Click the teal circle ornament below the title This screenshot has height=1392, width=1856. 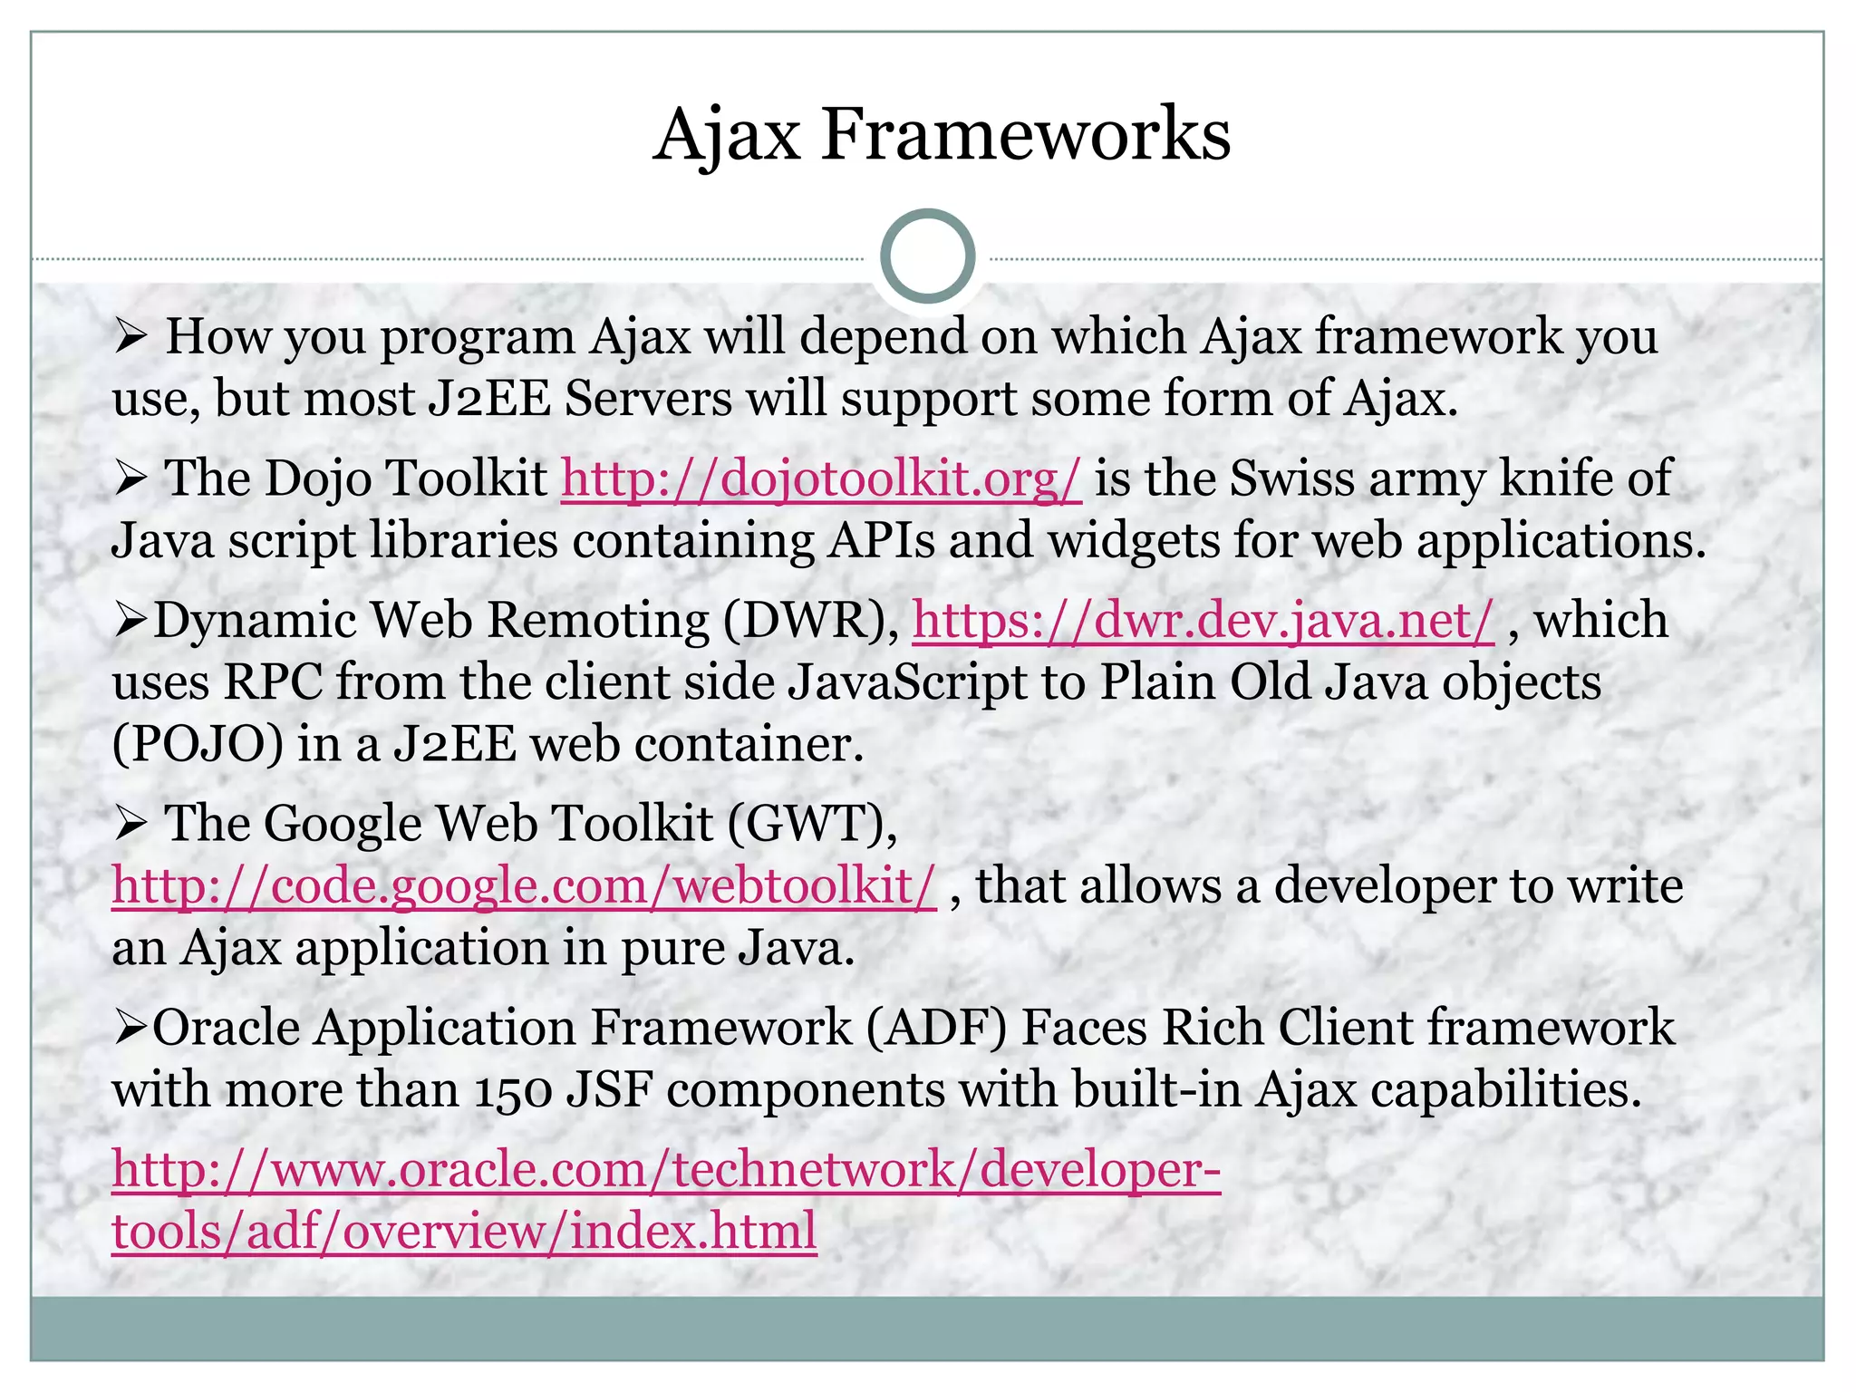tap(927, 256)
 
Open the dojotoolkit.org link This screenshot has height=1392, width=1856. tap(821, 478)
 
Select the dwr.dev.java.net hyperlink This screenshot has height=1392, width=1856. tap(1203, 621)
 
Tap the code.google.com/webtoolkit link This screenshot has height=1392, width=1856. tap(524, 885)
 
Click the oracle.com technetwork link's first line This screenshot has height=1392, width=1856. tap(666, 1169)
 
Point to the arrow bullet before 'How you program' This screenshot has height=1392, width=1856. tap(131, 338)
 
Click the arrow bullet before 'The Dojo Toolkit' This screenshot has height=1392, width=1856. tap(131, 479)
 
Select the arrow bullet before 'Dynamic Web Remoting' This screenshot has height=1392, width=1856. tap(131, 622)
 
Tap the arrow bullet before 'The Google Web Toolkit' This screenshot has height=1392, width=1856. tap(131, 825)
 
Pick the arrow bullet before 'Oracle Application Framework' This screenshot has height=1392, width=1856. tap(131, 1029)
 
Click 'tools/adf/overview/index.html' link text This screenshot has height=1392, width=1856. tap(464, 1232)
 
